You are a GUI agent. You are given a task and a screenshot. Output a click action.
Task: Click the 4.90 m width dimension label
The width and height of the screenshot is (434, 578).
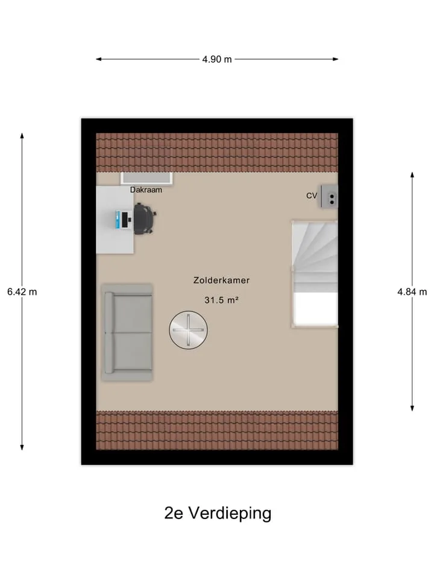217,59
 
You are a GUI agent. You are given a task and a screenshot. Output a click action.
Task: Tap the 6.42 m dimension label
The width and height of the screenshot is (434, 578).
22,291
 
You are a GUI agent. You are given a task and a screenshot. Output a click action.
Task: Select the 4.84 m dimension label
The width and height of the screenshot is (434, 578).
412,291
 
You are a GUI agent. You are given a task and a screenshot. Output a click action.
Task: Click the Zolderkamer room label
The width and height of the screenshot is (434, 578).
221,280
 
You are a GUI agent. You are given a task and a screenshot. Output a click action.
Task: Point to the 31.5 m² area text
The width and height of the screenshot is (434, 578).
221,300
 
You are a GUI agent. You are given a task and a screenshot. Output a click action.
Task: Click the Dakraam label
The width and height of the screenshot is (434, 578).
146,190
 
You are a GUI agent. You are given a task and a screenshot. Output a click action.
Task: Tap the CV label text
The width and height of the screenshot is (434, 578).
312,196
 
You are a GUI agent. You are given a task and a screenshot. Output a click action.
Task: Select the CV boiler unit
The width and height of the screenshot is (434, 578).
329,196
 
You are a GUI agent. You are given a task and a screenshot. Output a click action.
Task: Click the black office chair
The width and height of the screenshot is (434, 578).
144,219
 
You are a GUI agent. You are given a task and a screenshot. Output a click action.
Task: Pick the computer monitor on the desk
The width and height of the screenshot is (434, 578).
125,219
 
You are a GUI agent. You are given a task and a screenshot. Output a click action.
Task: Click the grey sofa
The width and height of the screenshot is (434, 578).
127,332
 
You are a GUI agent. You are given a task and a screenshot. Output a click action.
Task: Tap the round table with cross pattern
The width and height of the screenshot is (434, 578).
188,330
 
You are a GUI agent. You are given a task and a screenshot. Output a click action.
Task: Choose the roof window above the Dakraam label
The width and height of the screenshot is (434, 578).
146,178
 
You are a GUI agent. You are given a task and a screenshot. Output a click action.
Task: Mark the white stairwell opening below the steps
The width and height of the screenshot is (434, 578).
315,309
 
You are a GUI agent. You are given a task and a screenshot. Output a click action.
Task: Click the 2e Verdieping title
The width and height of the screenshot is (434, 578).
218,513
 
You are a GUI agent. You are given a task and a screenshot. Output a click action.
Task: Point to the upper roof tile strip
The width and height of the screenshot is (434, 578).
217,152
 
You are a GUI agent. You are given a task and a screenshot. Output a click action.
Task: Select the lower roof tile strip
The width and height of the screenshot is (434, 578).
217,430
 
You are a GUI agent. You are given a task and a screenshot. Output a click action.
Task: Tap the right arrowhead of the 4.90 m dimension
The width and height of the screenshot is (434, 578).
336,59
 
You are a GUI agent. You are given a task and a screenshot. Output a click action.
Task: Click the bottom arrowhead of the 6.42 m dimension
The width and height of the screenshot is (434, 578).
22,447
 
